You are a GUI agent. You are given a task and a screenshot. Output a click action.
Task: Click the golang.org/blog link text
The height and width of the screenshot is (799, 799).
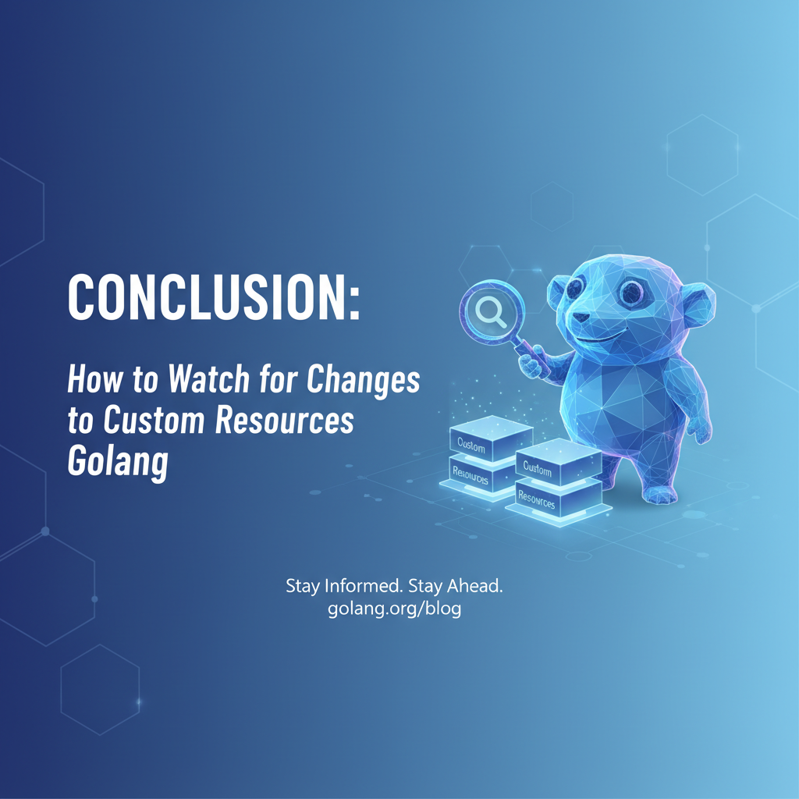tap(394, 609)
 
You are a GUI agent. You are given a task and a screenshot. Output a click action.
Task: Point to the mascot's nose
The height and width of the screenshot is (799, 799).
tap(582, 318)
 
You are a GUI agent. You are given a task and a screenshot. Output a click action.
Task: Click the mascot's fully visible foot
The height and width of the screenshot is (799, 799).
tap(659, 493)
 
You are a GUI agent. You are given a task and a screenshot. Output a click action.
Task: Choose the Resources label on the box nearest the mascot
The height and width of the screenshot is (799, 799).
tap(537, 499)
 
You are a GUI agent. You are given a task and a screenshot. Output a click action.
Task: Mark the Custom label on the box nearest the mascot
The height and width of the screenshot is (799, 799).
tap(538, 469)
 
